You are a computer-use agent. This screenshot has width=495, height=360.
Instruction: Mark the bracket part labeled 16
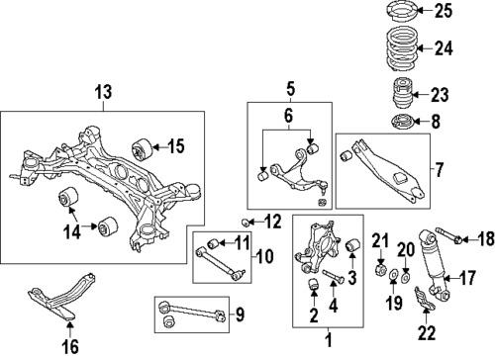(59, 307)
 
